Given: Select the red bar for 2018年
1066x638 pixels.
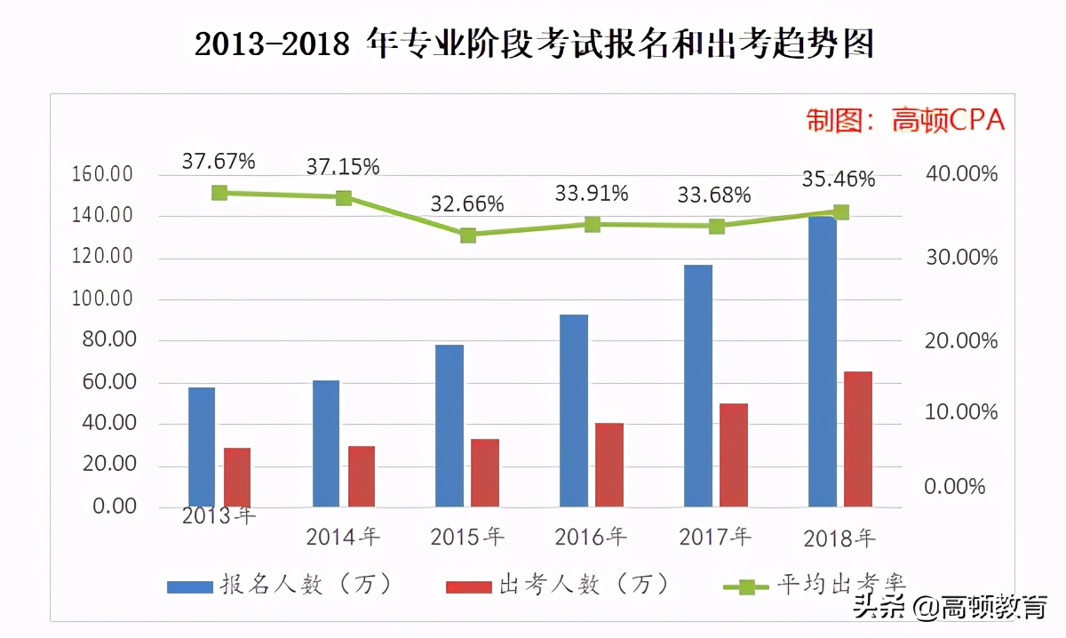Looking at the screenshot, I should (x=858, y=439).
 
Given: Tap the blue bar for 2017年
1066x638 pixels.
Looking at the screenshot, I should (x=698, y=386).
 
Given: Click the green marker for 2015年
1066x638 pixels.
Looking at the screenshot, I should (x=468, y=235).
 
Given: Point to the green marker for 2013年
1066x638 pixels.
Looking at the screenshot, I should (x=219, y=193).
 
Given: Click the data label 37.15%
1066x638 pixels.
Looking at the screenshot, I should (x=343, y=166).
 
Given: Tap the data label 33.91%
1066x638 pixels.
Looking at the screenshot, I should (x=592, y=193).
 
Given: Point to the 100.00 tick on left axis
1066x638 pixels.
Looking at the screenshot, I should (x=102, y=299).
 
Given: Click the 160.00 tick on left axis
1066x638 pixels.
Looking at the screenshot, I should (x=102, y=174).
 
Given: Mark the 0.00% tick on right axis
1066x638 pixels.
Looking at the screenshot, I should (x=955, y=487).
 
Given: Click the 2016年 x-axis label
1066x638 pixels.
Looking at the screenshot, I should (x=591, y=537).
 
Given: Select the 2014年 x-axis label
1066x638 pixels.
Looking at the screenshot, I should (x=343, y=537).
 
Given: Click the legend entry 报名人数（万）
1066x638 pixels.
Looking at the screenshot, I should (x=281, y=585).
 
